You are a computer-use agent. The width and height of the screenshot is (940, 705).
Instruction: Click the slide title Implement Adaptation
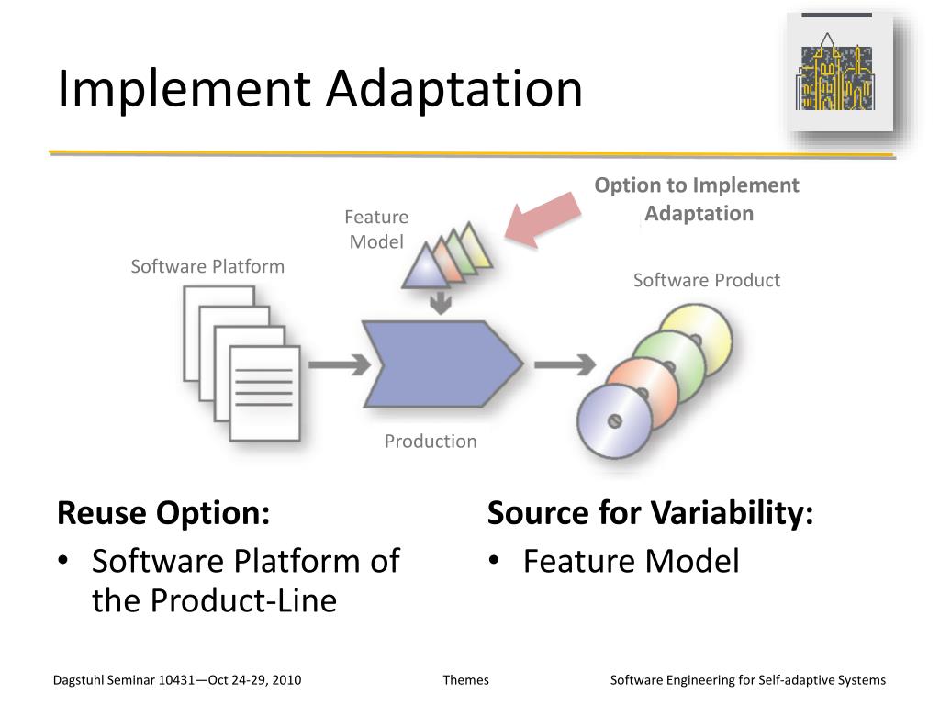[319, 90]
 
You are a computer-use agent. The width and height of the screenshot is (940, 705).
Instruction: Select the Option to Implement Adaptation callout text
[697, 199]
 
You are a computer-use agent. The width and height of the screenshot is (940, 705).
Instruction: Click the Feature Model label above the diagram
[376, 229]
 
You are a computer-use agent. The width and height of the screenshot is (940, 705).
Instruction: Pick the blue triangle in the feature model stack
[424, 267]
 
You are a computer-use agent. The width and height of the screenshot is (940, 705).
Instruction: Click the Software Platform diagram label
[207, 266]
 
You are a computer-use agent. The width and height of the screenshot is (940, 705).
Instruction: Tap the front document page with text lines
[263, 390]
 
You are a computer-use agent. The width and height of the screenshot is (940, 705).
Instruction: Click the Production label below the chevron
[431, 442]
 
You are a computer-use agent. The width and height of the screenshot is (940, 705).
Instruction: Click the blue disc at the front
[614, 420]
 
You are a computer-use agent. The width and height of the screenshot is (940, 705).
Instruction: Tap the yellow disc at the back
[697, 336]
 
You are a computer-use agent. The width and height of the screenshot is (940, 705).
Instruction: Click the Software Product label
[706, 281]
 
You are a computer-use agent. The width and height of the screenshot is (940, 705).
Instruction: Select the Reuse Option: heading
[163, 513]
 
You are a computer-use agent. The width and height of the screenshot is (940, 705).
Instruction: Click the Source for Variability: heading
[650, 513]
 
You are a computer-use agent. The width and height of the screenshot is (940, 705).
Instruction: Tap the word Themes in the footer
[465, 680]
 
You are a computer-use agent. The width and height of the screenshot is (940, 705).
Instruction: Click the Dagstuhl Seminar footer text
[177, 680]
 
